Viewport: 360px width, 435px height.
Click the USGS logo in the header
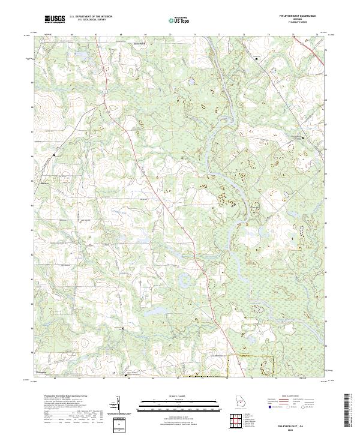coord(55,20)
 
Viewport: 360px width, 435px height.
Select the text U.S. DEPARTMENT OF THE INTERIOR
coord(90,17)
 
